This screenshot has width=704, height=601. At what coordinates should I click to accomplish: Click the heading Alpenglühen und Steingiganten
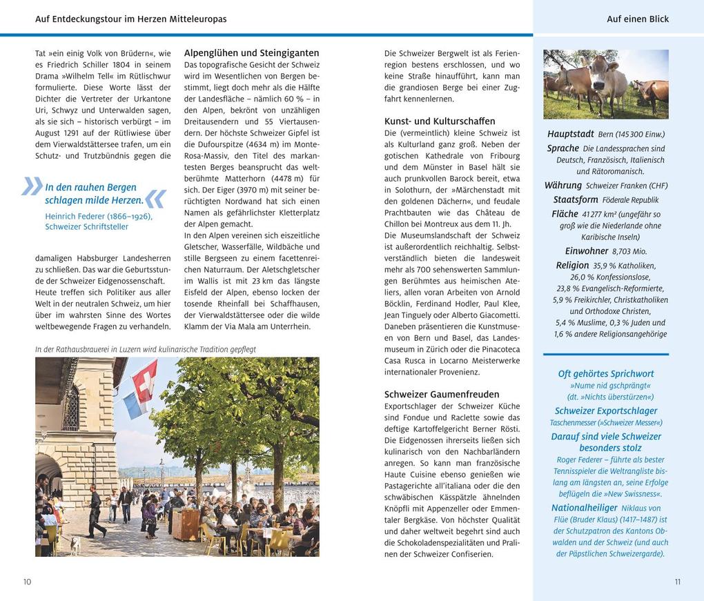pos(251,53)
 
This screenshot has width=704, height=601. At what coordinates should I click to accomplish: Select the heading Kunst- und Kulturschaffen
pos(440,121)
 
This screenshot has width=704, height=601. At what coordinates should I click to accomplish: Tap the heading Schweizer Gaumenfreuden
pos(441,395)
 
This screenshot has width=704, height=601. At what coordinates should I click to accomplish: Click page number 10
pos(28,582)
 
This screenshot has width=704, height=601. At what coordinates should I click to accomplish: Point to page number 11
pos(678,582)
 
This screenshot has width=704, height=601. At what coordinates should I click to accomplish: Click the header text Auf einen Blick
pos(638,19)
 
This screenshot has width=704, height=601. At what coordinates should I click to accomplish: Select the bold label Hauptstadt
pos(571,134)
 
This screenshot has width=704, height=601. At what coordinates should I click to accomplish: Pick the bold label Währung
pos(563,185)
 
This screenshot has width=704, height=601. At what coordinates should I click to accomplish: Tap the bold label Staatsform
pos(575,199)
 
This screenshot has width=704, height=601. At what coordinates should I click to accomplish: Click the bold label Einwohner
pos(587,251)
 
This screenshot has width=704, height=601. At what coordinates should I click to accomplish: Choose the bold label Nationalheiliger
pos(584,508)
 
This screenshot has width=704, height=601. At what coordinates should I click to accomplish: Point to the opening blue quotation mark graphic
pos(32,186)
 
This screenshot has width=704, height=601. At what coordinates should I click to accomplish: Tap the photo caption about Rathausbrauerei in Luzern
pos(146,349)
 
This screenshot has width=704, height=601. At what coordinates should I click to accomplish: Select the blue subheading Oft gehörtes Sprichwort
pos(606,374)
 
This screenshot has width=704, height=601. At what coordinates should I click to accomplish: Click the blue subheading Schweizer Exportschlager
pos(606,411)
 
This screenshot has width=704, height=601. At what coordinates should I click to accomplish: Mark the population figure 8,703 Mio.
pos(629,252)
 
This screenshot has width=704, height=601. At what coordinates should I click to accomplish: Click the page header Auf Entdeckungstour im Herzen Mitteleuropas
pos(130,19)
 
